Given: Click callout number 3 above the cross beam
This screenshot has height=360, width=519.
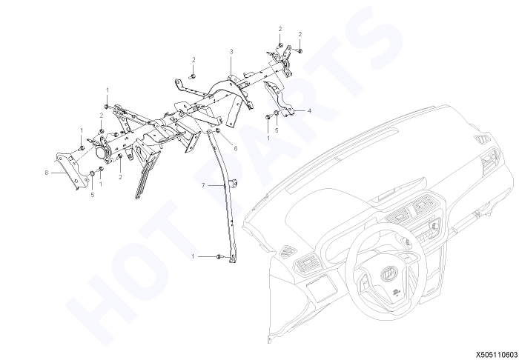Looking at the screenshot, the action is click(231, 52).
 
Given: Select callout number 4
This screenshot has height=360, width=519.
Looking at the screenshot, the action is click(309, 111).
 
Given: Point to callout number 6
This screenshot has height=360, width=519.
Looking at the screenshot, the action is click(236, 149).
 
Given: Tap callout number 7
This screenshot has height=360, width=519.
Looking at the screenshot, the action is click(203, 186).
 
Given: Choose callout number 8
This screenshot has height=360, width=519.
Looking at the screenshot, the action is click(47, 173).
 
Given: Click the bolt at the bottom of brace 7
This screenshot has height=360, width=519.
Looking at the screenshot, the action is click(219, 256).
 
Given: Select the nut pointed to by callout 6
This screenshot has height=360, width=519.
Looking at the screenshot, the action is click(218, 131).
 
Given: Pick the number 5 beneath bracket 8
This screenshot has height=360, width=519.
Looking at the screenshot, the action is click(93, 195).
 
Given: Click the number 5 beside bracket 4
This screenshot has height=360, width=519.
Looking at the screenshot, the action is click(277, 130).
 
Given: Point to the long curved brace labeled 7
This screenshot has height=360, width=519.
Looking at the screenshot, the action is click(226, 195).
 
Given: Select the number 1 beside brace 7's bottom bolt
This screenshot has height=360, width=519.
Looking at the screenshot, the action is click(193, 256).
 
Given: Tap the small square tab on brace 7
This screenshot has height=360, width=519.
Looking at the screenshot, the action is click(234, 183).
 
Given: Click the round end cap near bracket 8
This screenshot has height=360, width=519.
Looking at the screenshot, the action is click(100, 153).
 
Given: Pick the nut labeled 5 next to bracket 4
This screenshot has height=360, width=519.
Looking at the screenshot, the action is click(277, 114).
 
